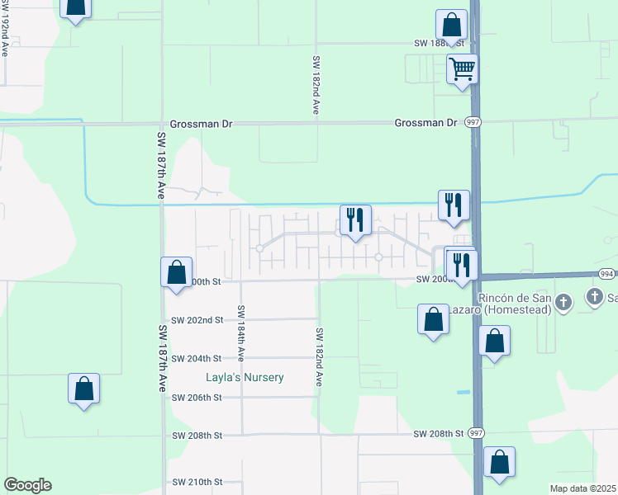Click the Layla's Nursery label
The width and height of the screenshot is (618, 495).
245,378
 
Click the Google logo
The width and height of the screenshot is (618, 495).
27,485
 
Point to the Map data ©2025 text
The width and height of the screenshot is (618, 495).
582,488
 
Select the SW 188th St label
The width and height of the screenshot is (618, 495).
440,43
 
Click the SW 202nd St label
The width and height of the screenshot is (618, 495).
197,320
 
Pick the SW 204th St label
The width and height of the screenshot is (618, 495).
197,359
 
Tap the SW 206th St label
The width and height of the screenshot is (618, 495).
197,398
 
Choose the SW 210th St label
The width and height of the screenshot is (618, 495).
197,482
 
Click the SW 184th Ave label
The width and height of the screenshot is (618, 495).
241,333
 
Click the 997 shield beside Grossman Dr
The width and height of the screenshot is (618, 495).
472,122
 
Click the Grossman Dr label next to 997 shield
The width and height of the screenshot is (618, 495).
425,123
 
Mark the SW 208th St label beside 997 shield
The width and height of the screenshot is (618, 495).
439,434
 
